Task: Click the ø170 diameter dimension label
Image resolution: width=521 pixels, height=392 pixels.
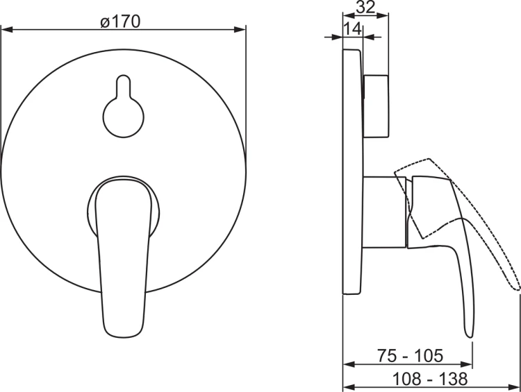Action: (120, 22)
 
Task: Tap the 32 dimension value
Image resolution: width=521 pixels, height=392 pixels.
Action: (365, 7)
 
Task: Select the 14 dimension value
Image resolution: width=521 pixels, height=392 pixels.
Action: (352, 29)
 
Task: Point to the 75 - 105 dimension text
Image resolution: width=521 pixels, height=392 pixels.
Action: (410, 355)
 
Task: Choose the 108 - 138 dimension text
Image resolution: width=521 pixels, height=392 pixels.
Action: (430, 379)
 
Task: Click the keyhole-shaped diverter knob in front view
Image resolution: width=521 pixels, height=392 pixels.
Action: (123, 107)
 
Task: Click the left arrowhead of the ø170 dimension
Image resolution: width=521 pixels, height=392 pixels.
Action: (7, 30)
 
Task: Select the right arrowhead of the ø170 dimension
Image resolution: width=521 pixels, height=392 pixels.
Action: (240, 30)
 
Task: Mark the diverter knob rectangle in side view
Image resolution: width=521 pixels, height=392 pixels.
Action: (376, 106)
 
